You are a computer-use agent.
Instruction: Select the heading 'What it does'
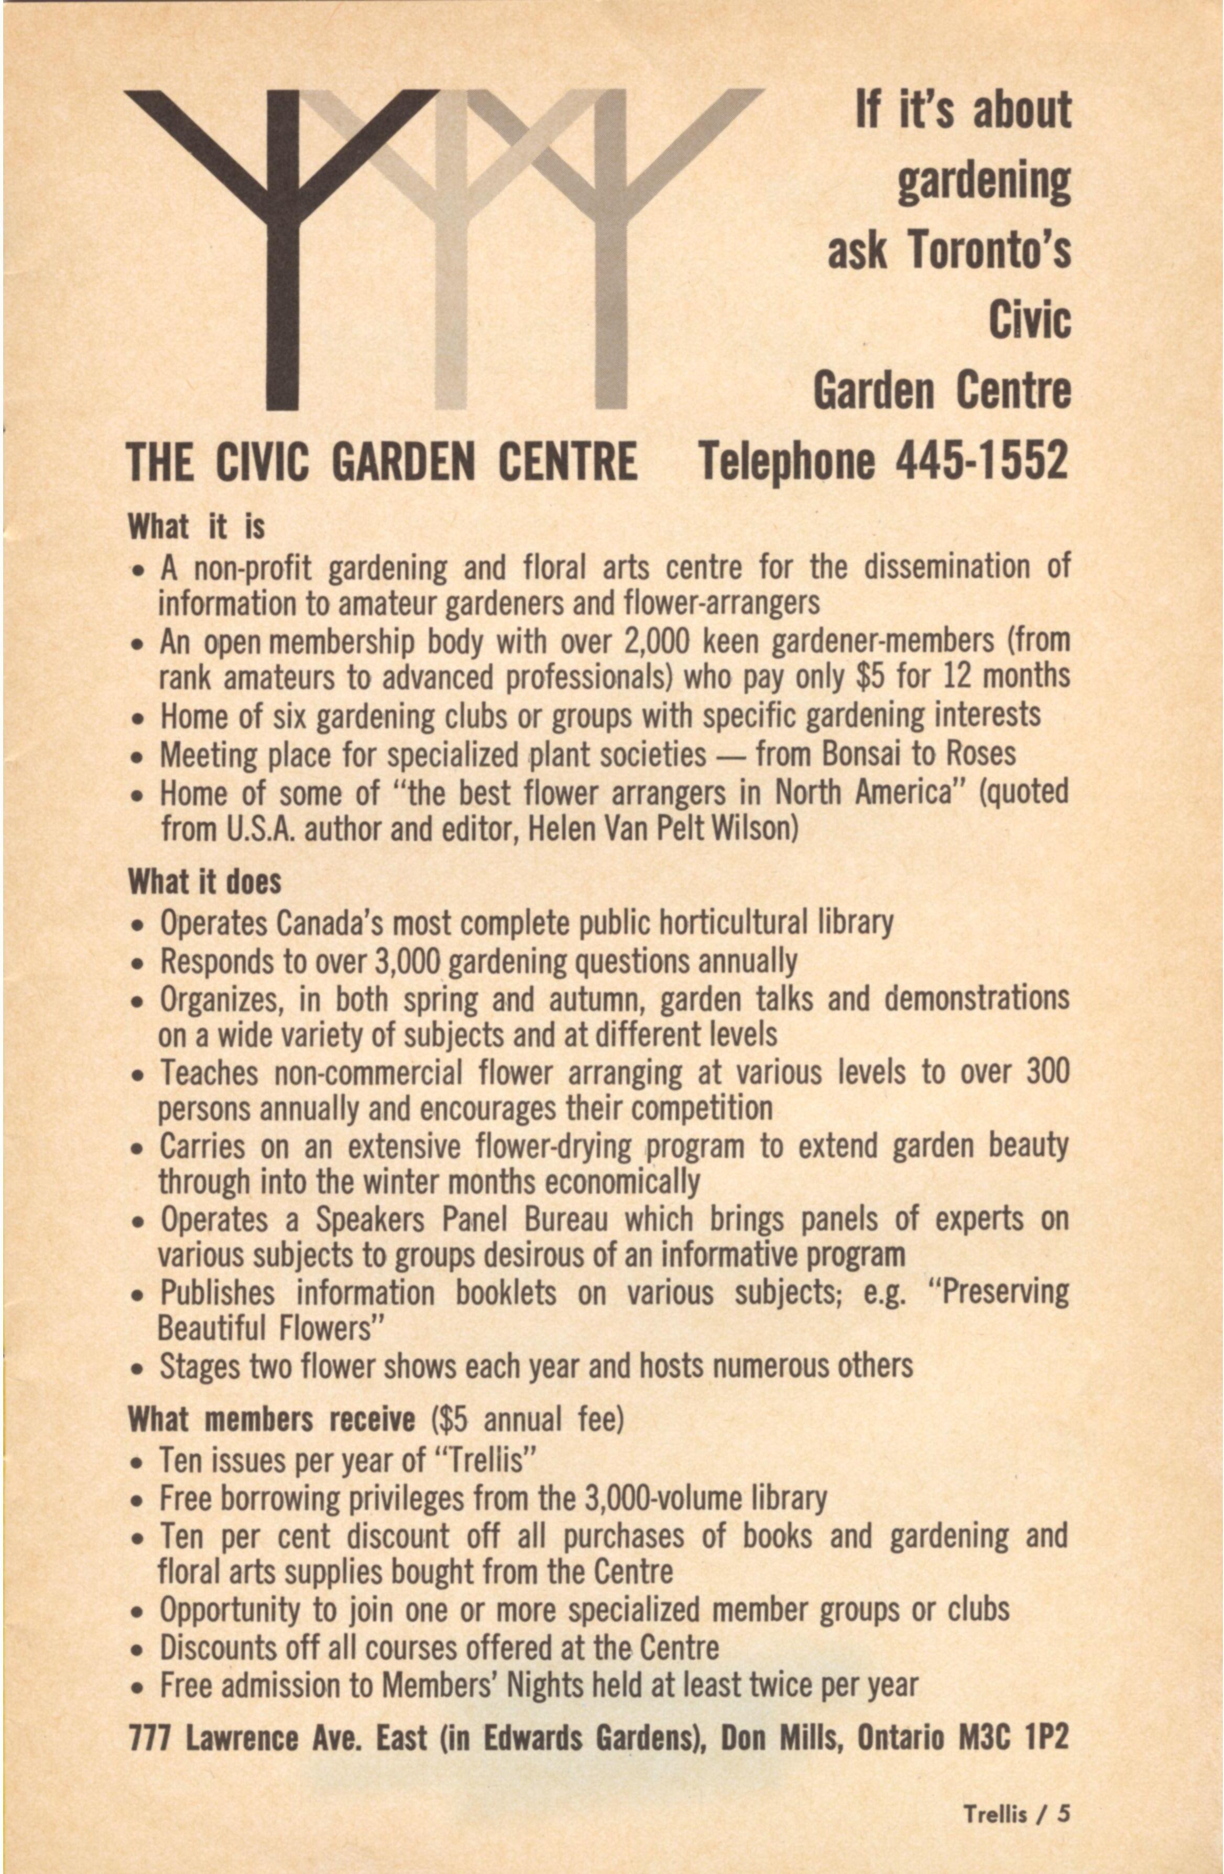point(205,882)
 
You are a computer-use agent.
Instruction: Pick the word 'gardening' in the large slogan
point(984,180)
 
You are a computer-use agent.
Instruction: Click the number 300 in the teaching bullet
point(1047,1072)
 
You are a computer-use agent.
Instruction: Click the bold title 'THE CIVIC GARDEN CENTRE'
point(382,461)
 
